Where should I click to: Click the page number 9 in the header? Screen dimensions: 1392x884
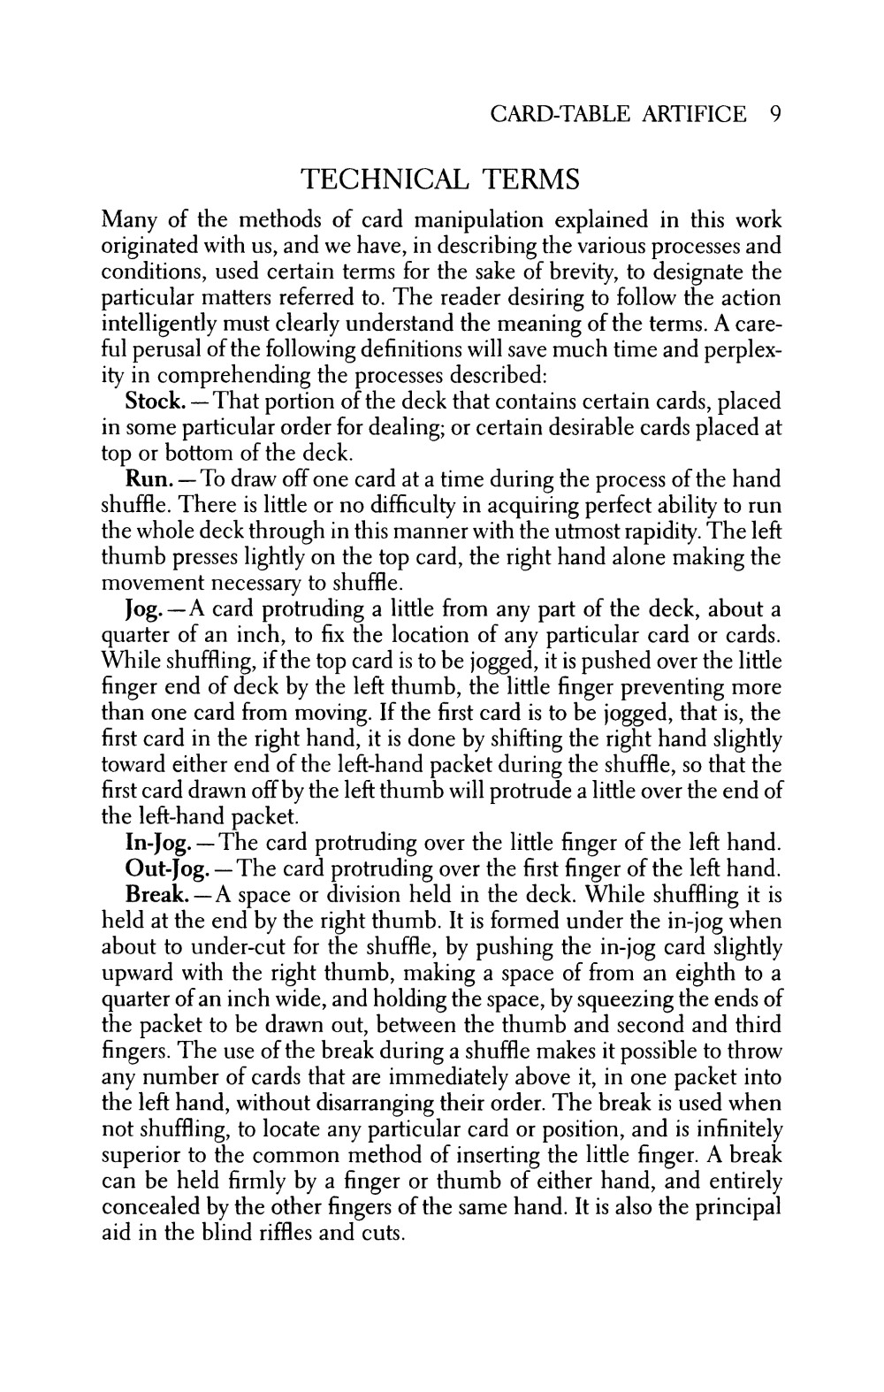click(774, 114)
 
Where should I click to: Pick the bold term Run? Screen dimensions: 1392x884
click(145, 480)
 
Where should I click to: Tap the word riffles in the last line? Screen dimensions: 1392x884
click(278, 1233)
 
